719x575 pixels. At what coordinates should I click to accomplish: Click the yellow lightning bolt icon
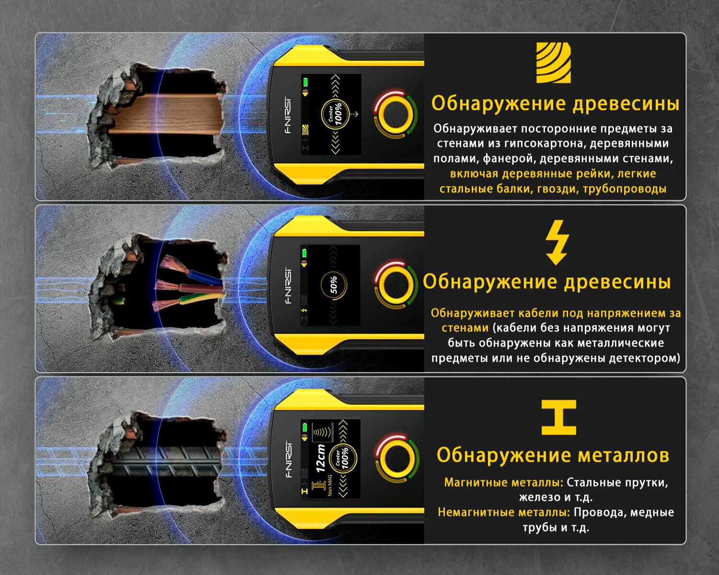[557, 242]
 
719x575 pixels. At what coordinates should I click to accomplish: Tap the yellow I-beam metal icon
[558, 417]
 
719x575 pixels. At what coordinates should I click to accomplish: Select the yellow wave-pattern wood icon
[554, 62]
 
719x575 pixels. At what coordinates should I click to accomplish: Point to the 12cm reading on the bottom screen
[320, 458]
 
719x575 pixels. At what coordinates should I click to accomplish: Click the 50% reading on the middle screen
[334, 285]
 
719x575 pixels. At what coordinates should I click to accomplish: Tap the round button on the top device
[395, 114]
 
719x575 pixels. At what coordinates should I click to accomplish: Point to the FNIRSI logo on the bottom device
[289, 459]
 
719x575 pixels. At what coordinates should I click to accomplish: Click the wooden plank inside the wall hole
[166, 114]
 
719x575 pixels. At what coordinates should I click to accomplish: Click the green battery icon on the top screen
[305, 82]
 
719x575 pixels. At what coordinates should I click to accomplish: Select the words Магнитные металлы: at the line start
[503, 483]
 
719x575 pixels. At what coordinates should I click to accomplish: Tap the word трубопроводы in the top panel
[625, 189]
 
